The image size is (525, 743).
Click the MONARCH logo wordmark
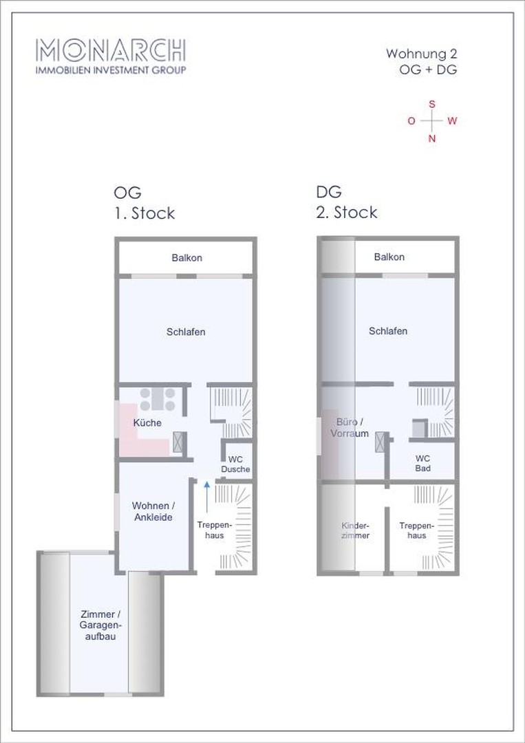(110, 50)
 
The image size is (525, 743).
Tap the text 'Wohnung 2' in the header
(422, 53)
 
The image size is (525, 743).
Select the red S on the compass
(432, 104)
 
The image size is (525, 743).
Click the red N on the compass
(432, 138)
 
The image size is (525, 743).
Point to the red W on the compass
(452, 121)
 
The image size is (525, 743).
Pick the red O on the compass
(411, 121)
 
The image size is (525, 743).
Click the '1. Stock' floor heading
(144, 213)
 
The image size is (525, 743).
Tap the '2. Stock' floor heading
(346, 212)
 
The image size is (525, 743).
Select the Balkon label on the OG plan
(186, 258)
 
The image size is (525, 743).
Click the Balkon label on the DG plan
(389, 257)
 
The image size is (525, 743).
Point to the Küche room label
(147, 423)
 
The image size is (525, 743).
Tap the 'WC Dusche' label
(236, 464)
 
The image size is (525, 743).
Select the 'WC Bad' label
(422, 463)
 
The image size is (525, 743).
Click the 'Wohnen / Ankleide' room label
(152, 511)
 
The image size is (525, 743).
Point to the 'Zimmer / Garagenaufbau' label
(101, 625)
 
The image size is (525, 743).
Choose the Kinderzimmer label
(355, 530)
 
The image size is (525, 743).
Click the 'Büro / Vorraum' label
(350, 427)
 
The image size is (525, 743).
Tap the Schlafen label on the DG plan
(388, 331)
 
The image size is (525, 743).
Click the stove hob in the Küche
(160, 399)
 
